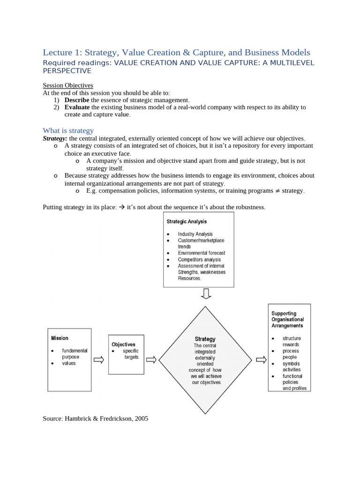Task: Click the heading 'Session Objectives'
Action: [x=68, y=85]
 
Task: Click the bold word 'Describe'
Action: [x=76, y=100]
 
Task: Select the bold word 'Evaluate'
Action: [x=77, y=107]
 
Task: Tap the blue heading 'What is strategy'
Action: [x=68, y=130]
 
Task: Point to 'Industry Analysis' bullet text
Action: [x=195, y=234]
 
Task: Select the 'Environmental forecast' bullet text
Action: [x=202, y=253]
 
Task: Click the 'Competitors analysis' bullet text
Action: [x=199, y=259]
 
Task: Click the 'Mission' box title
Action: [x=60, y=338]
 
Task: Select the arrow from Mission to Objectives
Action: [x=98, y=360]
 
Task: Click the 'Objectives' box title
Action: [x=123, y=344]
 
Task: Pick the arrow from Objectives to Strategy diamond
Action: [x=151, y=360]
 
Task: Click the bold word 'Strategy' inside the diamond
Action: [x=205, y=339]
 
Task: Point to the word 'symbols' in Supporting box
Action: [x=291, y=363]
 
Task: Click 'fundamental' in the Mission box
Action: [x=75, y=351]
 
